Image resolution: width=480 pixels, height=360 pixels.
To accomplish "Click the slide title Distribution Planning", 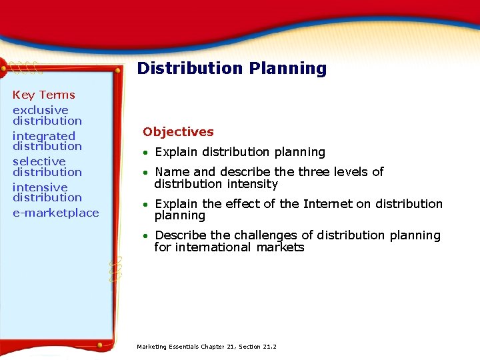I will click(x=231, y=69).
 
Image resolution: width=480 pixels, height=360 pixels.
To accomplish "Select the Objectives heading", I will click(x=178, y=132).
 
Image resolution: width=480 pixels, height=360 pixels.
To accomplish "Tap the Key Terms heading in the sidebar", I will click(x=44, y=95).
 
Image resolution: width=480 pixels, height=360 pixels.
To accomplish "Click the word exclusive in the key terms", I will click(x=41, y=110).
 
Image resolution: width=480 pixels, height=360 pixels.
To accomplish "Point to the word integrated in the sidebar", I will click(x=44, y=136).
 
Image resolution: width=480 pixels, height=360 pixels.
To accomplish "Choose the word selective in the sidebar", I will click(x=39, y=161).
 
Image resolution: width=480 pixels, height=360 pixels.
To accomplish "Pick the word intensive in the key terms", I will click(x=40, y=187).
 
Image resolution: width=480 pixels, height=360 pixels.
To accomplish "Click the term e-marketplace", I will click(x=55, y=213).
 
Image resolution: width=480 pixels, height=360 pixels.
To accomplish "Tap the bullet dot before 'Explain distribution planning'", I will click(x=146, y=153).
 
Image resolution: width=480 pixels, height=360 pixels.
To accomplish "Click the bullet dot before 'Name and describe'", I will click(x=146, y=173).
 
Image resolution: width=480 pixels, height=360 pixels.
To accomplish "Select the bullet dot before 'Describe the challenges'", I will click(x=146, y=236).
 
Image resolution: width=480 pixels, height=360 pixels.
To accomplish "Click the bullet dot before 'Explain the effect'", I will click(x=146, y=205).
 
